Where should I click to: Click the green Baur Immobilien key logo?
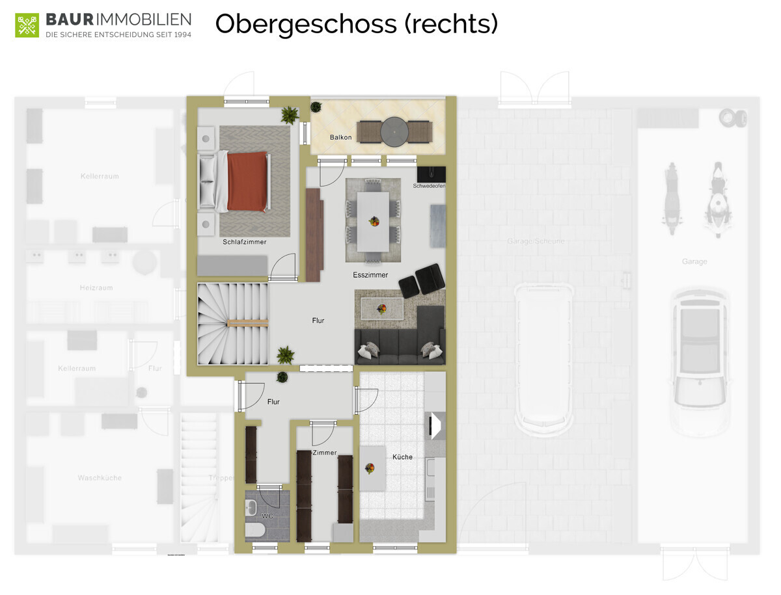click(x=27, y=25)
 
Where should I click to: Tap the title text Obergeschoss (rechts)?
click(x=356, y=24)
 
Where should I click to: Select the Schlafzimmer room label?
click(x=244, y=242)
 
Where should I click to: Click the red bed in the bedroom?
click(x=246, y=181)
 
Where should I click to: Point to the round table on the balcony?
click(x=393, y=132)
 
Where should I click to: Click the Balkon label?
click(x=340, y=137)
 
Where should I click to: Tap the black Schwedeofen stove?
click(x=431, y=174)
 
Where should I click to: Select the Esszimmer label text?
click(x=370, y=275)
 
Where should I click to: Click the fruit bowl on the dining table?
click(x=374, y=221)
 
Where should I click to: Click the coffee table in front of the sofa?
click(x=382, y=308)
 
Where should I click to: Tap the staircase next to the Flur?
click(x=233, y=323)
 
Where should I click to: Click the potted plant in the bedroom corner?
click(x=289, y=116)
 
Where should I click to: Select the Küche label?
click(x=402, y=457)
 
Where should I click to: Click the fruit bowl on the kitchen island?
click(x=370, y=468)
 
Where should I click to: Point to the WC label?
click(x=267, y=516)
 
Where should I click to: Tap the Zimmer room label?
click(x=325, y=453)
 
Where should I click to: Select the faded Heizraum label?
click(x=97, y=287)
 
